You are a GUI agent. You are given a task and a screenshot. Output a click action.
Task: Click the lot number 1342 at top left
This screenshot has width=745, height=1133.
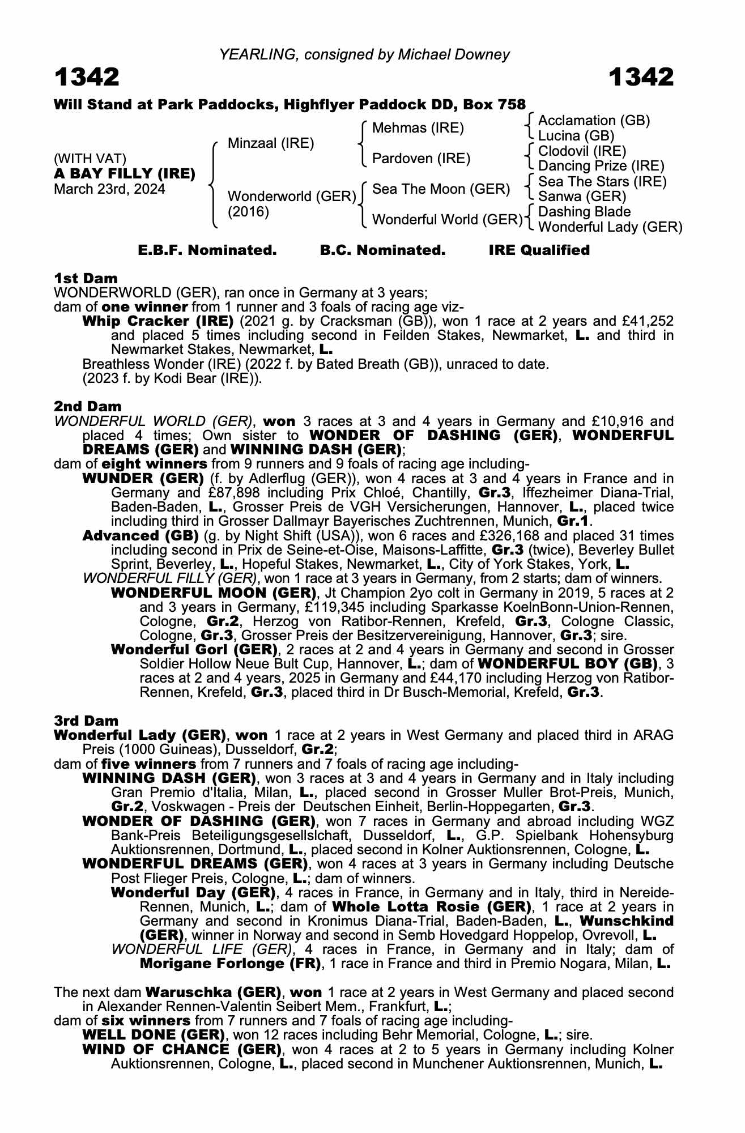87,77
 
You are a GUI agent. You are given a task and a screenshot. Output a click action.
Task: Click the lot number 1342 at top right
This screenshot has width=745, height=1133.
641,77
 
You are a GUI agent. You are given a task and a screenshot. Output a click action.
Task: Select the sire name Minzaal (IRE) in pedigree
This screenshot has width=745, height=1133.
270,143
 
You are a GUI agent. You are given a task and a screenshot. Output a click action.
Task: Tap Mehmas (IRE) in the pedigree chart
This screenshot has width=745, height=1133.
418,128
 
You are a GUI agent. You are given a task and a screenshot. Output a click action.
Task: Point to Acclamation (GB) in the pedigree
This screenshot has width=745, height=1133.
594,121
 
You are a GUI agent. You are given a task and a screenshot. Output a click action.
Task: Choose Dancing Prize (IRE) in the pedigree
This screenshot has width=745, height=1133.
601,166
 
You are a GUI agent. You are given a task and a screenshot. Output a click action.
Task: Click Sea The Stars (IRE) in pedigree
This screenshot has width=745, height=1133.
602,181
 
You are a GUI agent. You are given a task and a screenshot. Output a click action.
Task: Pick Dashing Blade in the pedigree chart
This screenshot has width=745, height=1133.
584,212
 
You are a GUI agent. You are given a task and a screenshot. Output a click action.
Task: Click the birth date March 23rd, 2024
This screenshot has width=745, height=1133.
109,189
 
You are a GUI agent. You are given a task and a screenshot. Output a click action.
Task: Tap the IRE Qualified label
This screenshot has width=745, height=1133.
539,250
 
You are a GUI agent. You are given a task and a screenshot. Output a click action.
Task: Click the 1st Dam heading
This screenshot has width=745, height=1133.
86,278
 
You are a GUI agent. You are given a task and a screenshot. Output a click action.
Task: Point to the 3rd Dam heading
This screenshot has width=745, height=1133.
86,721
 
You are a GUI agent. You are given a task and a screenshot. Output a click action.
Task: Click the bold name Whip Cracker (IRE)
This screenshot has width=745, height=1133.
158,321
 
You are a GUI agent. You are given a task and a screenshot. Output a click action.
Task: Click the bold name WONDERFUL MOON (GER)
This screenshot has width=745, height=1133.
213,593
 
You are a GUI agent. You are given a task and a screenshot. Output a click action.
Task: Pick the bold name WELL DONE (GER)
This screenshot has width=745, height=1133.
151,1034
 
